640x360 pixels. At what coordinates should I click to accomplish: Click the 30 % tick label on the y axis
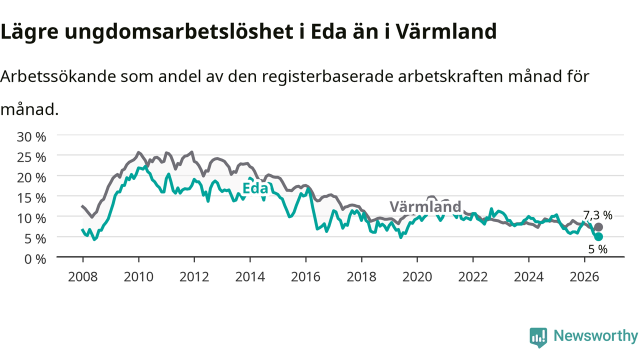pyautogui.click(x=31, y=137)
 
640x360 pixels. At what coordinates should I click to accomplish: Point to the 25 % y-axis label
pyautogui.click(x=31, y=157)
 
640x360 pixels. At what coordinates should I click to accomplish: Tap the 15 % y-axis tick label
pyautogui.click(x=31, y=198)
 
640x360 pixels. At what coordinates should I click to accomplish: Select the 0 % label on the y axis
pyautogui.click(x=35, y=259)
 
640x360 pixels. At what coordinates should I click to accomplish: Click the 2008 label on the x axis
pyautogui.click(x=83, y=277)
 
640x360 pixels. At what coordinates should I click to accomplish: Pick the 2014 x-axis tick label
pyautogui.click(x=250, y=277)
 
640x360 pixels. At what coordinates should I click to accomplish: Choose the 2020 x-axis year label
pyautogui.click(x=417, y=277)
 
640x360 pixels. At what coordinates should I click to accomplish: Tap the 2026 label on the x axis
pyautogui.click(x=584, y=277)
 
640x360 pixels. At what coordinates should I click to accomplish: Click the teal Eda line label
pyautogui.click(x=255, y=188)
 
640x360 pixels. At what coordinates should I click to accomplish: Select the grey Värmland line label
pyautogui.click(x=425, y=206)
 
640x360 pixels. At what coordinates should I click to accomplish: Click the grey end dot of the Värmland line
pyautogui.click(x=598, y=227)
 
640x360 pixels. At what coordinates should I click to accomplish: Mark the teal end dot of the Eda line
pyautogui.click(x=598, y=236)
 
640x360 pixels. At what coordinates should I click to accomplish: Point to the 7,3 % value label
pyautogui.click(x=597, y=215)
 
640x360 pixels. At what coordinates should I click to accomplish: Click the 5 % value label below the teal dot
pyautogui.click(x=597, y=249)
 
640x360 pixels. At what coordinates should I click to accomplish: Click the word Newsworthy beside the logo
pyautogui.click(x=595, y=335)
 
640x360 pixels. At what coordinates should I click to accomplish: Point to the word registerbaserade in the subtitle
pyautogui.click(x=327, y=77)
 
